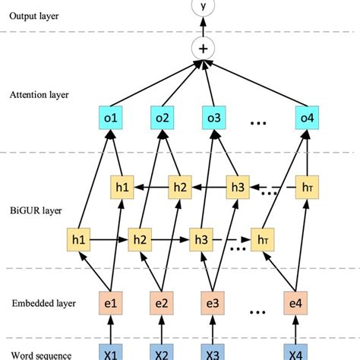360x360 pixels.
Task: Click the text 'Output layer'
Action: pyautogui.click(x=33, y=15)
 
